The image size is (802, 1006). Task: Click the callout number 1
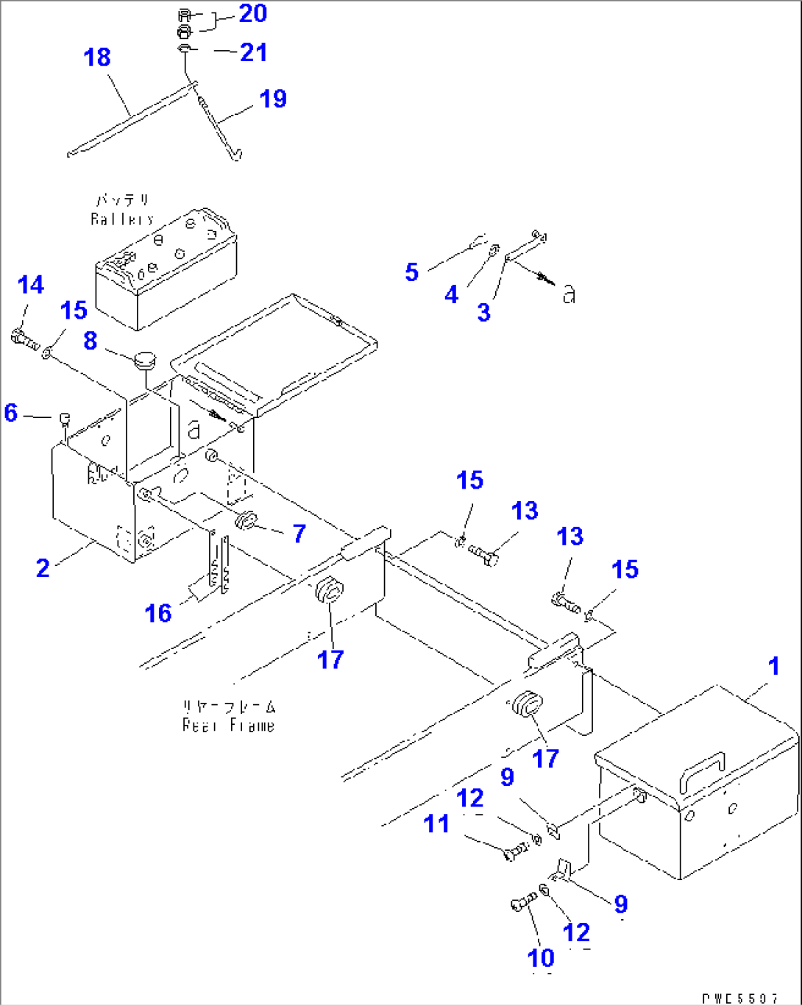click(773, 667)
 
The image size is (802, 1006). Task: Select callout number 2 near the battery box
click(43, 567)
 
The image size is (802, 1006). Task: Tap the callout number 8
click(91, 341)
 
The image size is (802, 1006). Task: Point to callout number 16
click(158, 613)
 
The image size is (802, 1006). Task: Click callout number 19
click(273, 99)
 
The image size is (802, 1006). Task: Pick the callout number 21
click(254, 52)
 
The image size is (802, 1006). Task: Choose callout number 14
click(31, 286)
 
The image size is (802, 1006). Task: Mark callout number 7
click(299, 534)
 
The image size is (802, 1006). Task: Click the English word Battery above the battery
click(122, 219)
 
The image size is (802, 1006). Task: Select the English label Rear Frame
click(228, 726)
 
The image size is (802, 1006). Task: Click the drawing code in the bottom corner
click(739, 998)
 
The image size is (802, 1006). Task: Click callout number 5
click(412, 272)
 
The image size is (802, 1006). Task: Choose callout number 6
click(10, 412)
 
